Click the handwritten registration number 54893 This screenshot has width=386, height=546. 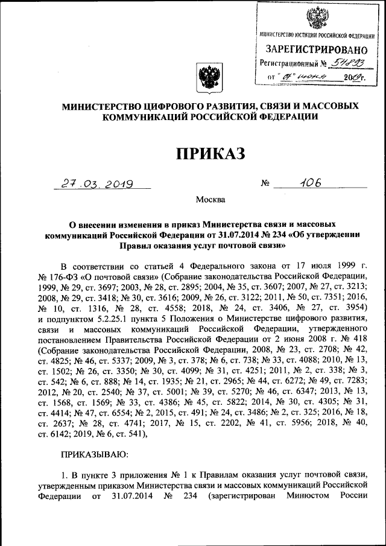pyautogui.click(x=349, y=63)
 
